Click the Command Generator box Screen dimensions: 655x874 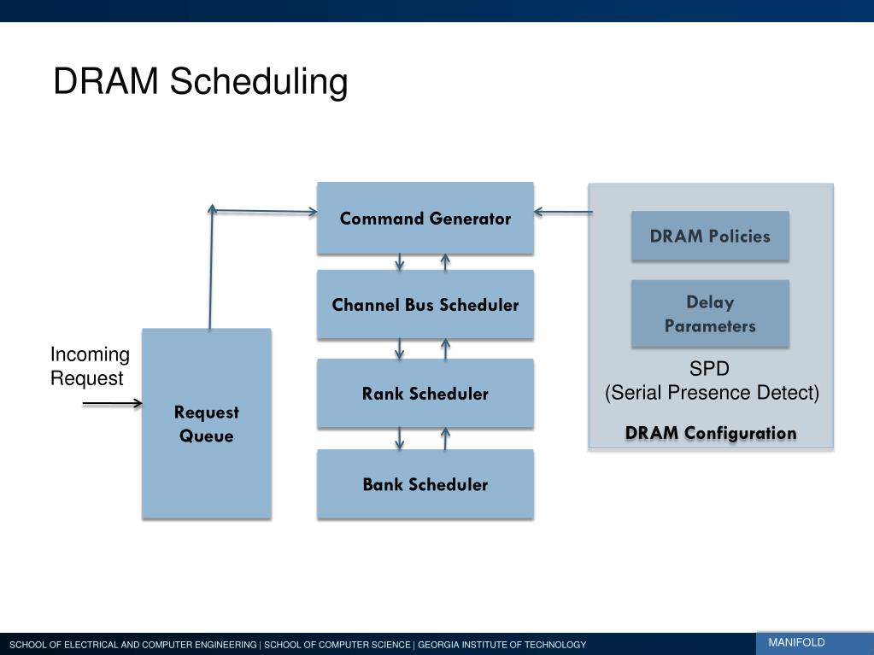(425, 219)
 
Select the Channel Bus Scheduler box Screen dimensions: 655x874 (425, 305)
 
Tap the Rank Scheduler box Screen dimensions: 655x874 (425, 394)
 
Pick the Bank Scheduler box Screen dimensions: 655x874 (425, 484)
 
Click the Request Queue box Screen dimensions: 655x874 (206, 424)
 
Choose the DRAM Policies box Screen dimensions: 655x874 (709, 237)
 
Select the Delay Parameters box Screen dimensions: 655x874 (709, 313)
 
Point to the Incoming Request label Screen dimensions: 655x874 (89, 366)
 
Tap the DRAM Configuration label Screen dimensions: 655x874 (710, 433)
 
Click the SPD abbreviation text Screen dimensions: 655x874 (709, 370)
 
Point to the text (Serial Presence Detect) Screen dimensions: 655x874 (712, 393)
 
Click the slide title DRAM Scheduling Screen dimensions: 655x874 (200, 82)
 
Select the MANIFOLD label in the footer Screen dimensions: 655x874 (796, 643)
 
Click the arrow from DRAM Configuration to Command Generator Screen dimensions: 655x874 (562, 212)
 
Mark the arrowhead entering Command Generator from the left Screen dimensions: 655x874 (311, 212)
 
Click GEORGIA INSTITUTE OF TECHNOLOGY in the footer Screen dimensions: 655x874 (502, 645)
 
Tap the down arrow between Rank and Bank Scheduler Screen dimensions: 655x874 (400, 439)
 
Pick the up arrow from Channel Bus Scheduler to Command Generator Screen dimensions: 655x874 (445, 262)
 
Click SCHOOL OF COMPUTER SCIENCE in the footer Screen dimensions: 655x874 (337, 645)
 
